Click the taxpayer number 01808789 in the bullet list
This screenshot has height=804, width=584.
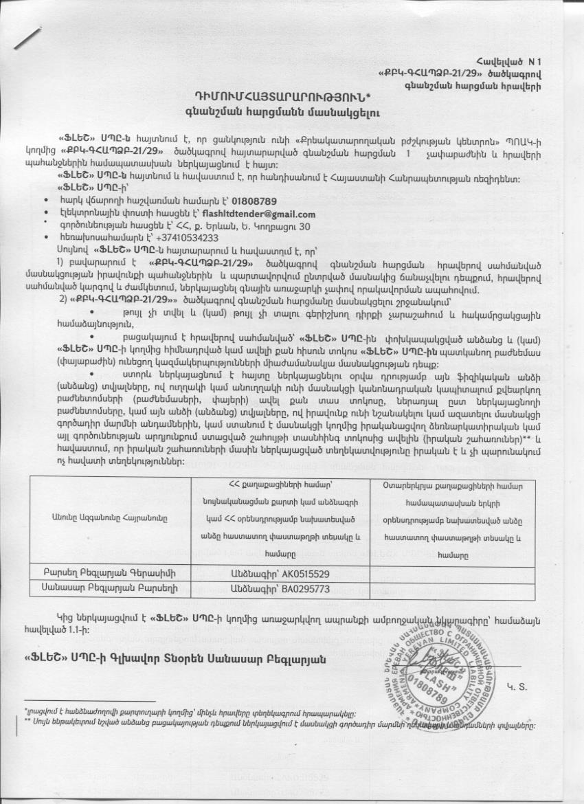(254, 201)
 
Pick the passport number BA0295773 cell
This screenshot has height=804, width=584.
(280, 589)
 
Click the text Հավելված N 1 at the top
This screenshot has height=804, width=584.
(508, 63)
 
